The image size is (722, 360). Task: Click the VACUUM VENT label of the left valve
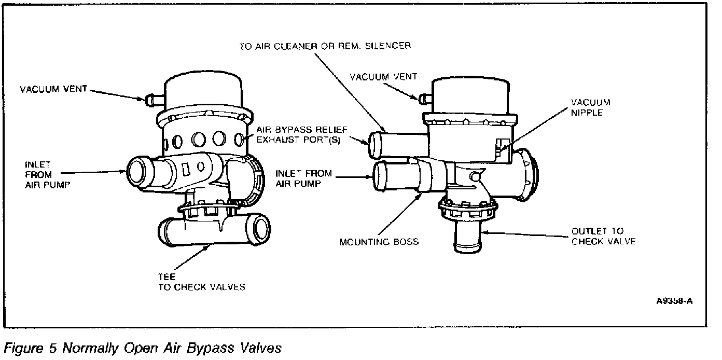tap(53, 89)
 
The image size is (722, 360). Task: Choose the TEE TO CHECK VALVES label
tap(202, 282)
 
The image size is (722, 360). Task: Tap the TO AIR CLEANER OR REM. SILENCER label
tap(325, 46)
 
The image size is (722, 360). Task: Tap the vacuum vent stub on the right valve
tap(424, 97)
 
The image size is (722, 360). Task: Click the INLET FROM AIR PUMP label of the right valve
tap(303, 178)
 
